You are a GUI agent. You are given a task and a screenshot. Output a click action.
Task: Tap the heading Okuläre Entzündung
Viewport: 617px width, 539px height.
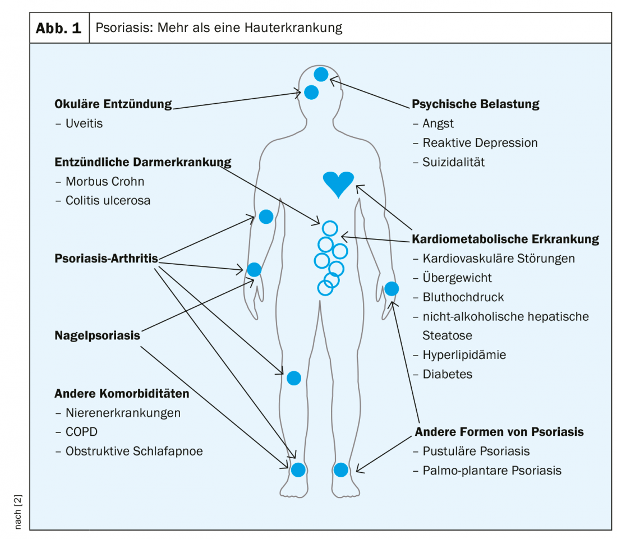(x=113, y=104)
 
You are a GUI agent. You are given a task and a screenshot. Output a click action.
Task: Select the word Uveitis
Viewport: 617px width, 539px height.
(x=84, y=123)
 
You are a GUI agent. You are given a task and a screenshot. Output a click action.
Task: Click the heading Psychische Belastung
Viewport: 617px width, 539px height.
(x=475, y=104)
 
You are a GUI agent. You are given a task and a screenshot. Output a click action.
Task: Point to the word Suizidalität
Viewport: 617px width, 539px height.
(x=453, y=162)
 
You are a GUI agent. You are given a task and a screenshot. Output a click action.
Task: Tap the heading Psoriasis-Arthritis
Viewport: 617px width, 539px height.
(x=106, y=259)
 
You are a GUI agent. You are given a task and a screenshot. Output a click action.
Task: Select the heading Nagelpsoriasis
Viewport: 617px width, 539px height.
(x=97, y=335)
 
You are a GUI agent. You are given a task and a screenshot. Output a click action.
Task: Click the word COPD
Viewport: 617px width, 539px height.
(x=81, y=432)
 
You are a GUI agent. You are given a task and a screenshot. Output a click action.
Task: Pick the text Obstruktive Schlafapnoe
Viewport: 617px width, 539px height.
(x=134, y=452)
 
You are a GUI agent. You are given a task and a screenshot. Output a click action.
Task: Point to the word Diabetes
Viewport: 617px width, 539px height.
(x=448, y=374)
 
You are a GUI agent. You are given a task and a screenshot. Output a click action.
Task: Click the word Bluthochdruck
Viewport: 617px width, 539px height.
(x=463, y=297)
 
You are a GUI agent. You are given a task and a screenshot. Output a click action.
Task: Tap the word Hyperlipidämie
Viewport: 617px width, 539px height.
(x=464, y=355)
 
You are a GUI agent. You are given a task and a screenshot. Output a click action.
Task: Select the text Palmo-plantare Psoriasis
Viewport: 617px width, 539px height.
(x=492, y=471)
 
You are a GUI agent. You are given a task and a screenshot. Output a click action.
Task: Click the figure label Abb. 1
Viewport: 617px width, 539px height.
(x=59, y=28)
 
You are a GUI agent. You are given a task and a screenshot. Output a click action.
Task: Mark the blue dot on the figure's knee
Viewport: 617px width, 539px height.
(x=294, y=378)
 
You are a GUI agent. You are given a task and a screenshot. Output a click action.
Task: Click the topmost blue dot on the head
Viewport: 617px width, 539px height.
(x=321, y=74)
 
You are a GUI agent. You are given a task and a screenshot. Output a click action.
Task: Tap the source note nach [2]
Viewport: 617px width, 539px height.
(x=18, y=512)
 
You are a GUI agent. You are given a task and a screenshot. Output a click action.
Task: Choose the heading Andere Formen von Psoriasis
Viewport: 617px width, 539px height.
(x=499, y=432)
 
